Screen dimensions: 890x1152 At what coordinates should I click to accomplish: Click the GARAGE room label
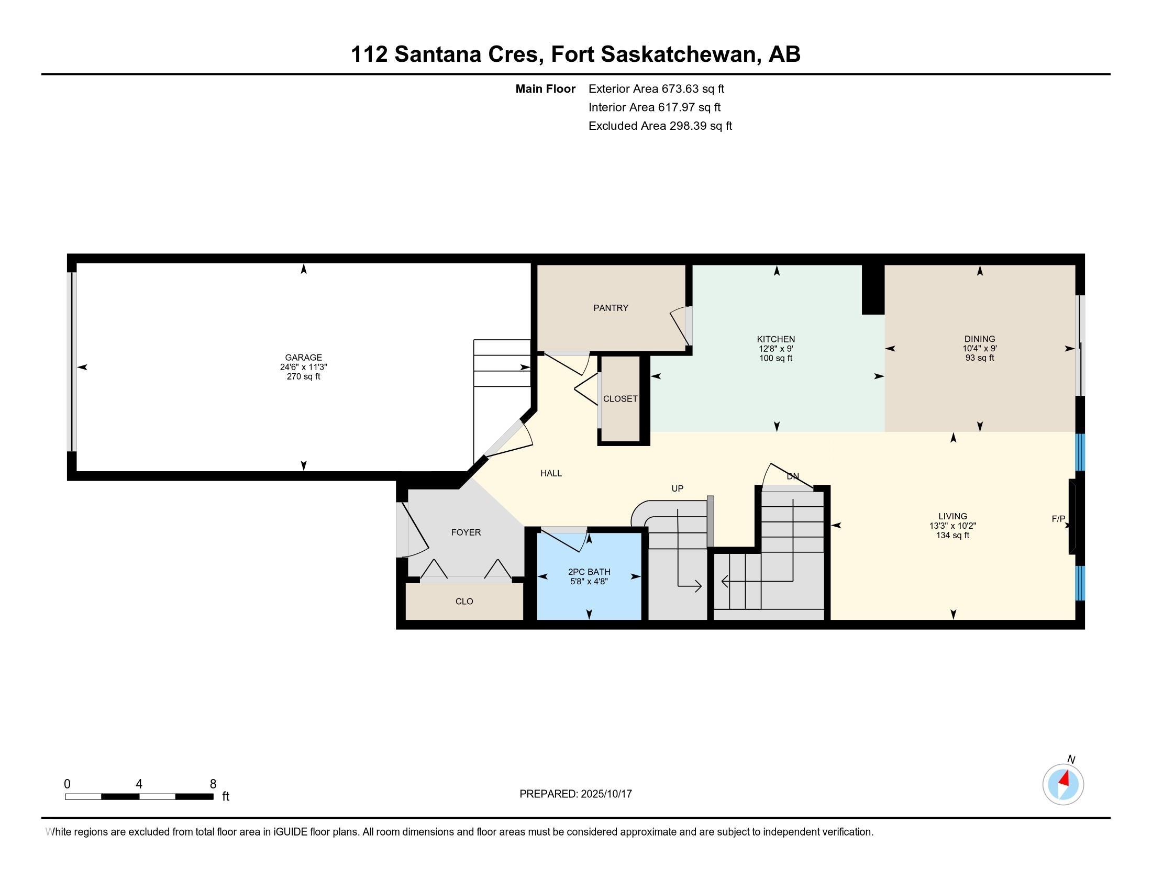click(303, 358)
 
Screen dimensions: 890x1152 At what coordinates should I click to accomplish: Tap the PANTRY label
click(610, 308)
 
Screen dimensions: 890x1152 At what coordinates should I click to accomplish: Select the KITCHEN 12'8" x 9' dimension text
click(776, 349)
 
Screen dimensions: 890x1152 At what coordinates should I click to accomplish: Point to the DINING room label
click(980, 339)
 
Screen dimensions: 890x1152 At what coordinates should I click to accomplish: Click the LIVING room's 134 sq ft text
click(952, 535)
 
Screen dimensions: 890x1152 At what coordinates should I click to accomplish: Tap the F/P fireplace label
click(1058, 519)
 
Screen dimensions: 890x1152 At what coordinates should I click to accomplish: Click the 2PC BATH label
click(589, 572)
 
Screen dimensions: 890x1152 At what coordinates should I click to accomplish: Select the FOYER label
click(466, 532)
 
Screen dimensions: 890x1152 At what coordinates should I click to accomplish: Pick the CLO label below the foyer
click(464, 601)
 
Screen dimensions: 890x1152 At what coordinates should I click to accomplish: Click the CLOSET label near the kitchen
click(620, 399)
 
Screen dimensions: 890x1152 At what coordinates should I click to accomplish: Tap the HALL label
click(551, 473)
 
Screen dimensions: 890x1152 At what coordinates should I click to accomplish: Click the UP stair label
click(677, 489)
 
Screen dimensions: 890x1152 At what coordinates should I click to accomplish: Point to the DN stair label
click(793, 476)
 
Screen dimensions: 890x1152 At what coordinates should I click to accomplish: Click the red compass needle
click(1065, 779)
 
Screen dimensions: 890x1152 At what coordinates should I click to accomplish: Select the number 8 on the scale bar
click(213, 784)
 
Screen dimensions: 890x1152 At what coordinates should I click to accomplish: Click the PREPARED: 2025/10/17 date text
click(575, 794)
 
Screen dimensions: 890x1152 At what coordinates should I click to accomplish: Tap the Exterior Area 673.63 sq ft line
click(656, 89)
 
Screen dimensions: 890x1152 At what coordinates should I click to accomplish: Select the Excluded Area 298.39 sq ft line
click(660, 126)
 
